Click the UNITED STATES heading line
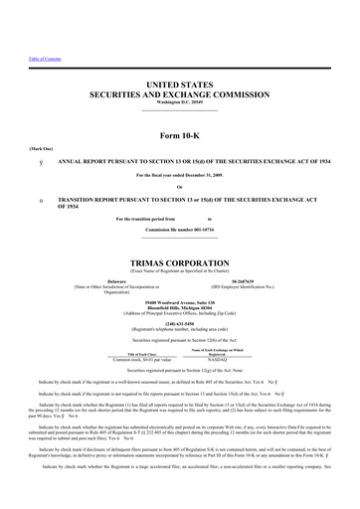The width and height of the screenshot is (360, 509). pos(179,88)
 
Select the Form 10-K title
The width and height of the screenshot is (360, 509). pos(180,134)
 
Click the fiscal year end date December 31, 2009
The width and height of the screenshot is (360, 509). pos(180,175)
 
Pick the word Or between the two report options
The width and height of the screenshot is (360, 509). pos(180,186)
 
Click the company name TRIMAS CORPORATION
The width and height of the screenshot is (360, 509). pos(180,262)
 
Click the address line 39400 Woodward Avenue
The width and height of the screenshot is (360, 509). pos(179,300)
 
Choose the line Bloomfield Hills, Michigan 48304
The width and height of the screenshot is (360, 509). pos(179,306)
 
